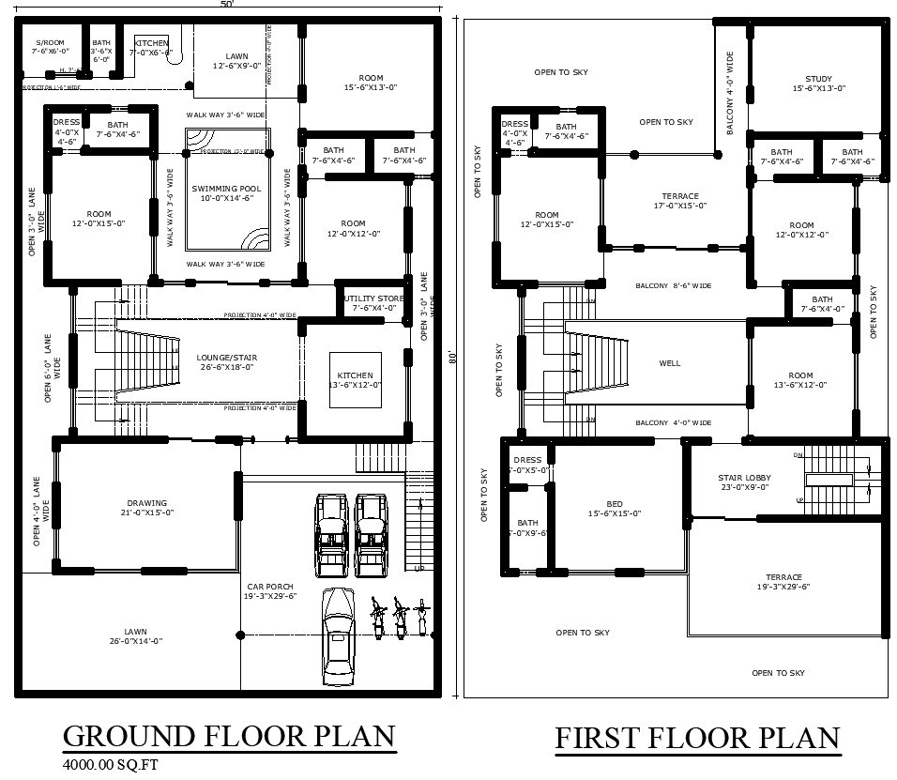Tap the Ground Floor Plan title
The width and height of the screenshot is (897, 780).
tap(229, 736)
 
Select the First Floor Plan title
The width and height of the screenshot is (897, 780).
tap(697, 739)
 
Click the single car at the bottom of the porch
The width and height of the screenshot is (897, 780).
tap(337, 638)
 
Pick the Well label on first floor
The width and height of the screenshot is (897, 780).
tap(670, 363)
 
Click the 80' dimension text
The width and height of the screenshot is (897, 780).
tap(451, 358)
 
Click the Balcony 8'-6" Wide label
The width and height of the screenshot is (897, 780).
tap(673, 285)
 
